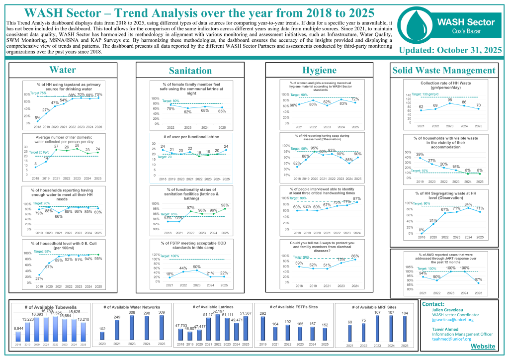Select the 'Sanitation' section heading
click(x=190, y=71)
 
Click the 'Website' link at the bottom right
click(x=482, y=346)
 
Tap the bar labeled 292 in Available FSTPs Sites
click(x=263, y=328)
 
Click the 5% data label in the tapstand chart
click(x=37, y=117)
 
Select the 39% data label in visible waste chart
click(x=420, y=155)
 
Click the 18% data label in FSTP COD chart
click(x=170, y=273)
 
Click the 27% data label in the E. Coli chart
click(x=39, y=279)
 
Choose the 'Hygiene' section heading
click(x=320, y=71)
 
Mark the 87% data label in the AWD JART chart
click(x=478, y=279)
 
